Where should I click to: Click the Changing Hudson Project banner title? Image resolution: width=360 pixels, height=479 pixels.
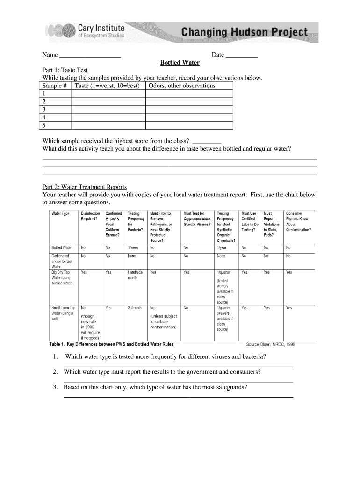click(245, 32)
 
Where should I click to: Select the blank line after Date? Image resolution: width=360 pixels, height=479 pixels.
click(242, 55)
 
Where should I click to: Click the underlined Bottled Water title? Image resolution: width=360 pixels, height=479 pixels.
click(180, 63)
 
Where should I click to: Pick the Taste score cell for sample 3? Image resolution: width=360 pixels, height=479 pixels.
click(108, 109)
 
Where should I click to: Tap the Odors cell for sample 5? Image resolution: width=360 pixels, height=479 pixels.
click(189, 125)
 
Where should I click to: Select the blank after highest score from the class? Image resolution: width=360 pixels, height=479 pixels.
click(207, 141)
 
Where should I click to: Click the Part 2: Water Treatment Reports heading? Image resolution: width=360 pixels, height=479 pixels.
click(85, 187)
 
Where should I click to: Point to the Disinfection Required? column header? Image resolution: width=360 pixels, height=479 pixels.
click(90, 216)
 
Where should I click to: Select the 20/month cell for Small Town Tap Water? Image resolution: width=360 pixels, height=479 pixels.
click(134, 308)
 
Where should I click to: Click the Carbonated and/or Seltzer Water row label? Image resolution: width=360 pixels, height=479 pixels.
click(61, 261)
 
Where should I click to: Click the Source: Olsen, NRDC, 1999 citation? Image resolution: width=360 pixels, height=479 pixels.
click(270, 345)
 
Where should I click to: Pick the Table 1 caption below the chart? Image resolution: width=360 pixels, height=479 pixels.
click(111, 344)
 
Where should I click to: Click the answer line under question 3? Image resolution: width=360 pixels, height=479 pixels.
click(178, 397)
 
